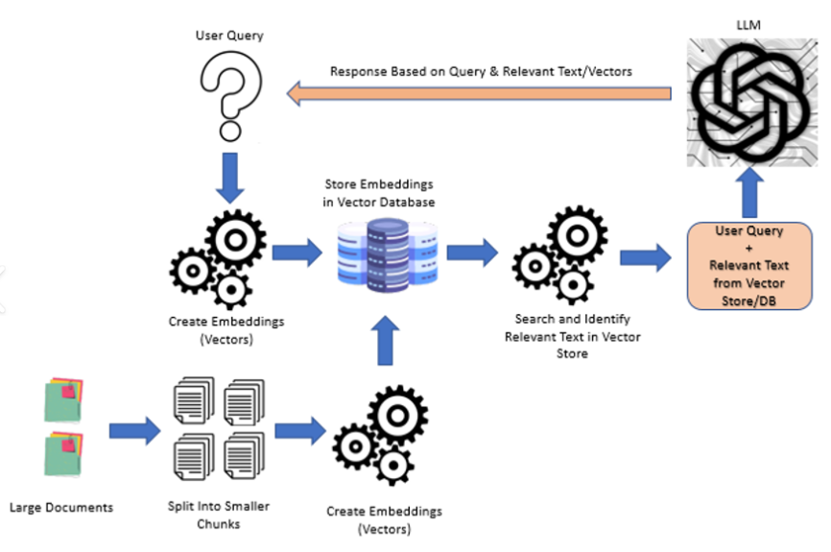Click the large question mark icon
click(228, 94)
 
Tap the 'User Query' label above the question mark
click(228, 36)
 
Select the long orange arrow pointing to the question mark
click(480, 93)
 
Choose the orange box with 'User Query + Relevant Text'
click(749, 264)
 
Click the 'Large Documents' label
click(60, 506)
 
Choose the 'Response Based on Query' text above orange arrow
click(481, 71)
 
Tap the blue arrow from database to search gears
click(471, 253)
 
